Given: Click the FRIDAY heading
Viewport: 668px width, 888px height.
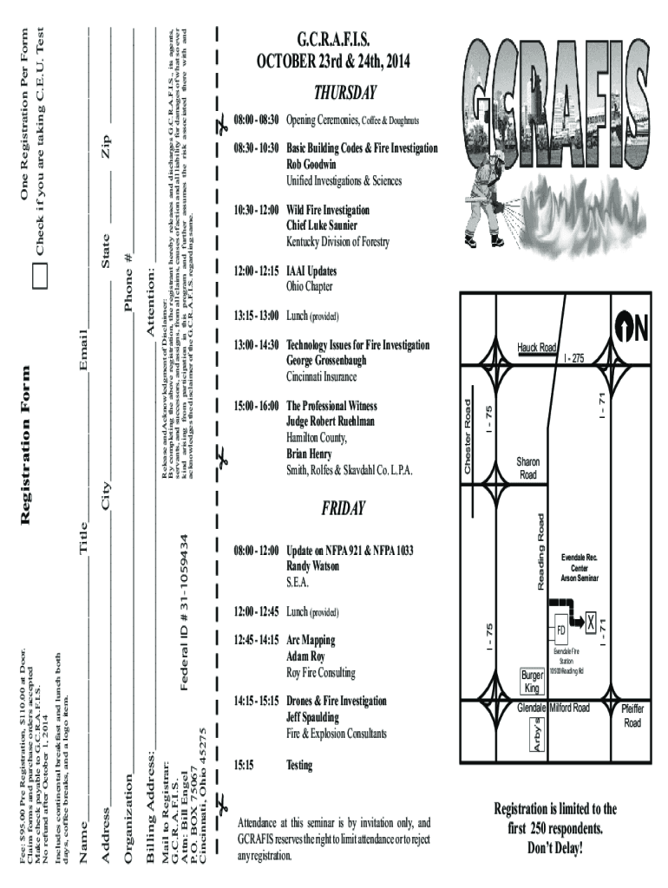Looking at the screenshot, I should point(344,507).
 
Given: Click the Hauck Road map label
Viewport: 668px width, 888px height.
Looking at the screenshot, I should point(537,348).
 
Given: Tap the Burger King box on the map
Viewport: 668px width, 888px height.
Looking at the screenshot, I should point(532,681).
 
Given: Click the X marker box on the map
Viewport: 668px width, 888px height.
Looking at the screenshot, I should point(591,622).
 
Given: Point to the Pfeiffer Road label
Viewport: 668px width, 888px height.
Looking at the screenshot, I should point(632,715).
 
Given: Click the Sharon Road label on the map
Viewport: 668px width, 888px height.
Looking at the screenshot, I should point(527,468).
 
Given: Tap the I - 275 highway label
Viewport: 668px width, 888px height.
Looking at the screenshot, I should point(575,358).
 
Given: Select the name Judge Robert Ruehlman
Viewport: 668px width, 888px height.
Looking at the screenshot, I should point(331,421).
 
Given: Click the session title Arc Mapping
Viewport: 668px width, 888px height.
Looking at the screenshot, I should point(311,640).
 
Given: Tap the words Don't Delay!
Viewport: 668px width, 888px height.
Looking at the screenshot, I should point(555,846).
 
